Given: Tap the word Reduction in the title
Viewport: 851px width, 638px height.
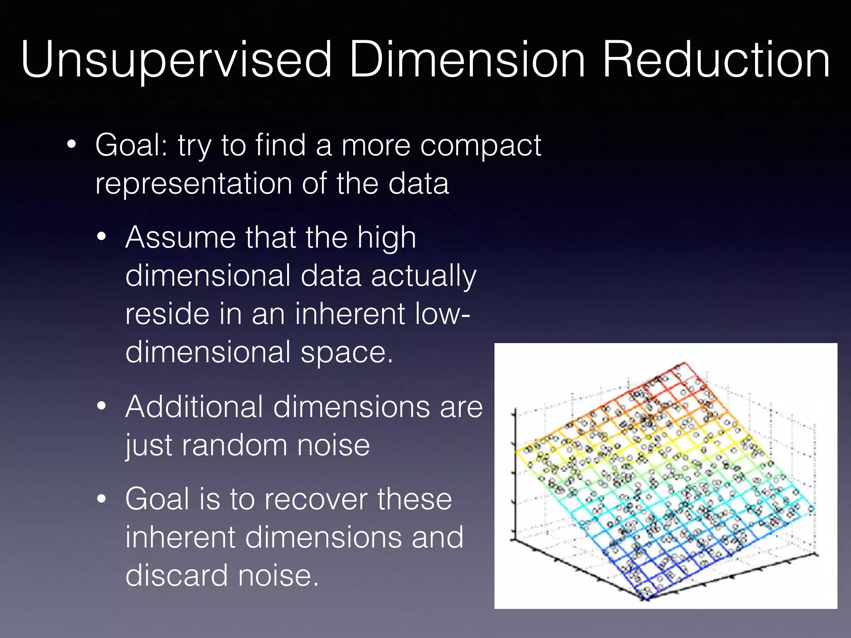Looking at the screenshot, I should click(716, 60).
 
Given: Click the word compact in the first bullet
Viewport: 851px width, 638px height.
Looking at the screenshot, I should click(481, 146).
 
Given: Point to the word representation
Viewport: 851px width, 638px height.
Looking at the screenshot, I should click(194, 184).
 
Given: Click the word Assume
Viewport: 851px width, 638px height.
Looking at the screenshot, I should click(180, 238).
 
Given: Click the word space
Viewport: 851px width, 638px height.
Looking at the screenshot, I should click(347, 353).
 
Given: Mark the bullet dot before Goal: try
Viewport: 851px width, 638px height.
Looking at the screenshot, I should click(71, 145).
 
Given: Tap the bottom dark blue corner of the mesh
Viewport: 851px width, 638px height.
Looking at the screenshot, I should click(645, 598).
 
